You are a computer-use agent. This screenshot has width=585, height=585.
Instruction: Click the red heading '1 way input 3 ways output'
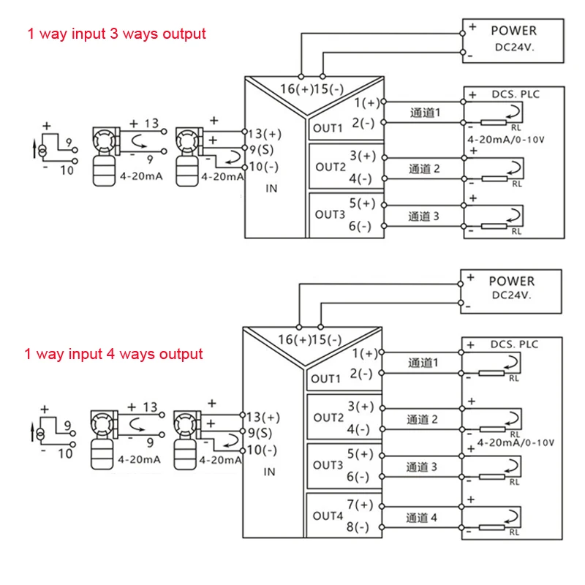[116, 34]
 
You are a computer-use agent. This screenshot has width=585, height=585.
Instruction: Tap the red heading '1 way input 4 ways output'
[113, 354]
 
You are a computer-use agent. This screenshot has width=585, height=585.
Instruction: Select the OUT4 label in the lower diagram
[328, 516]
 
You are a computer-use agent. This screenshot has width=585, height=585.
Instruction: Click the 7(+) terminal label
[360, 505]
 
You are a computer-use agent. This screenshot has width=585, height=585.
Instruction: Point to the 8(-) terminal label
[358, 526]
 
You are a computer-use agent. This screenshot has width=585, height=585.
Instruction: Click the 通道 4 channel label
[421, 518]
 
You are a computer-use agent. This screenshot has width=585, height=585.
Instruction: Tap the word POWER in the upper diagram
[514, 31]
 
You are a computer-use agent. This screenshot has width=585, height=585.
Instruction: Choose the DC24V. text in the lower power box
[511, 295]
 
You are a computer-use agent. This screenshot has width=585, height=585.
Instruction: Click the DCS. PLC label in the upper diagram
[516, 94]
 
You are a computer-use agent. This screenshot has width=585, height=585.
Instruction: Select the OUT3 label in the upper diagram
[330, 214]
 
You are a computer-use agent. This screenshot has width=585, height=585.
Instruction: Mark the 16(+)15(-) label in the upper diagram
[312, 89]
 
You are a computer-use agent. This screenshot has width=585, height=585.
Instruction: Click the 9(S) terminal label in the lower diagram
[260, 433]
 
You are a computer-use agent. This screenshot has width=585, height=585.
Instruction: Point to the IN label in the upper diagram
[271, 189]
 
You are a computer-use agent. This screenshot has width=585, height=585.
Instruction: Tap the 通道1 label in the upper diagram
[426, 113]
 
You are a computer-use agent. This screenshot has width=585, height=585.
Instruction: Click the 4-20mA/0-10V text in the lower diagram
[516, 443]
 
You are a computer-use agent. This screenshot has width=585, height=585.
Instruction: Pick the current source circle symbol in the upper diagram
[42, 151]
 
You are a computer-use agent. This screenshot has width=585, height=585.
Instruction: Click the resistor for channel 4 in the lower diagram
[491, 527]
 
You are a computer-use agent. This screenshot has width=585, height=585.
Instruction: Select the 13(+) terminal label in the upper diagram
[265, 134]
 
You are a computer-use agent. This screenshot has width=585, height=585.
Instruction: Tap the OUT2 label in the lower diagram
[328, 418]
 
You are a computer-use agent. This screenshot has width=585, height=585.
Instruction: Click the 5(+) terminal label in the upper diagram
[362, 203]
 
